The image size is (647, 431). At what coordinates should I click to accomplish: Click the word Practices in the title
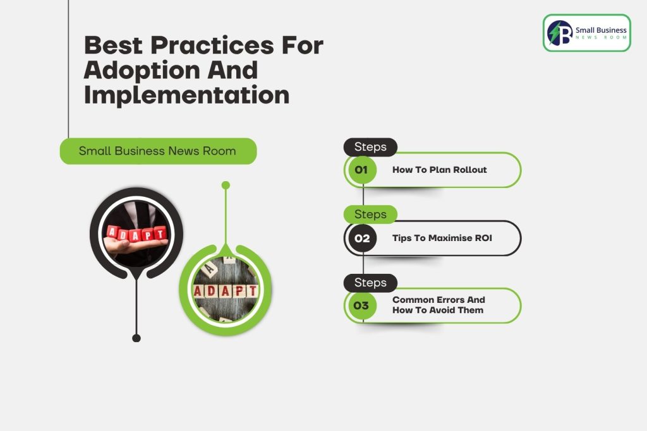(212, 45)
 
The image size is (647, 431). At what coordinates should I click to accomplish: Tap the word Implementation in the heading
(186, 95)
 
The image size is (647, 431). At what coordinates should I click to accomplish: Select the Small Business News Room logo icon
(560, 33)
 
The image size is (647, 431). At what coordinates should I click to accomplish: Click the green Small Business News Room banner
(158, 151)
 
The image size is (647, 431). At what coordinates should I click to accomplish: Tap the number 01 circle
(361, 170)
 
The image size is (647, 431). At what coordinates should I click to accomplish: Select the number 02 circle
(362, 238)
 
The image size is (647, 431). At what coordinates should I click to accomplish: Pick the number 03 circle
(361, 305)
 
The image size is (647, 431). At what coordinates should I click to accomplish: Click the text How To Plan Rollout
(440, 170)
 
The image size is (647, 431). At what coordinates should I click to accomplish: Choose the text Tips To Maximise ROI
(442, 238)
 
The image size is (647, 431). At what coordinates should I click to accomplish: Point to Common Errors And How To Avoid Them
(438, 305)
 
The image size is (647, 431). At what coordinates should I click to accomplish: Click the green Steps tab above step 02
(370, 215)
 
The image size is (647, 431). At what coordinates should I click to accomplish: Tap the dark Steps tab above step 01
(370, 147)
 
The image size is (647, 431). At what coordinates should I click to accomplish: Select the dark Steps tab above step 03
(370, 283)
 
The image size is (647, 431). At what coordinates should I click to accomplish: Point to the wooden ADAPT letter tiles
(226, 290)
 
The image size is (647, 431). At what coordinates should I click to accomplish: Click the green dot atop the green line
(226, 186)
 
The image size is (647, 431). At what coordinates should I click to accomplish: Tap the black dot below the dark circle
(136, 338)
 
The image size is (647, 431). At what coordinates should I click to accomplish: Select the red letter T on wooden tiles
(252, 291)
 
